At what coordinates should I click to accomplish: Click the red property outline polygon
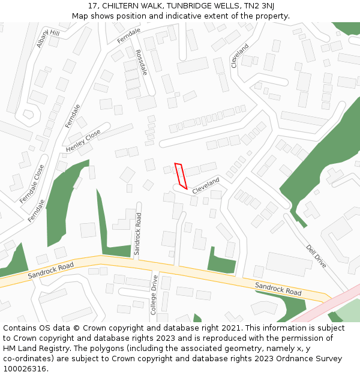pyautogui.click(x=181, y=176)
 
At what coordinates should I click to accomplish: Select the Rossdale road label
pyautogui.click(x=142, y=62)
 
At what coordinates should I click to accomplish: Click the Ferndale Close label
pyautogui.click(x=32, y=184)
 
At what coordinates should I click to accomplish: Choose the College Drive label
pyautogui.click(x=154, y=295)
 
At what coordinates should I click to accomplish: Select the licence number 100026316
pyautogui.click(x=25, y=369)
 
